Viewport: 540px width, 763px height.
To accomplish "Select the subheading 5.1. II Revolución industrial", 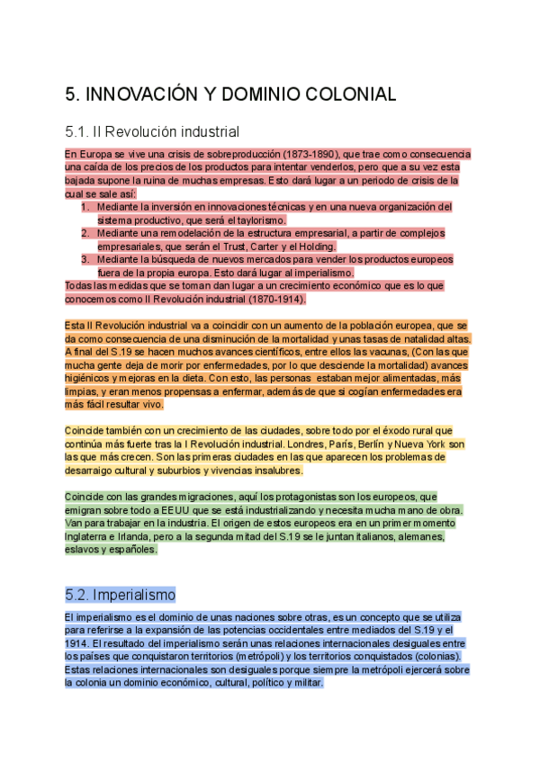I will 152,131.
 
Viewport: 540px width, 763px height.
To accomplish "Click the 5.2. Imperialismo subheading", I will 120,595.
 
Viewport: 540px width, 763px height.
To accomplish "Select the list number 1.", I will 85,207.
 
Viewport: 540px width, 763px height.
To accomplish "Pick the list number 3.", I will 85,259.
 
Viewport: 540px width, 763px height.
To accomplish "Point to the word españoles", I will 132,549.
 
